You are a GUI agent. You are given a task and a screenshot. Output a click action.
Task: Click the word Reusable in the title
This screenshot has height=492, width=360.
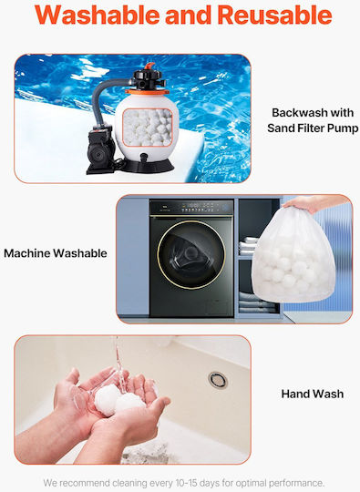click(274, 15)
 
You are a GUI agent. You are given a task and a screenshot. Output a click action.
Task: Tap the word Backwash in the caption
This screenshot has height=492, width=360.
click(294, 113)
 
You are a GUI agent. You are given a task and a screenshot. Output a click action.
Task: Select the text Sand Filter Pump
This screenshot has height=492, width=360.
click(313, 128)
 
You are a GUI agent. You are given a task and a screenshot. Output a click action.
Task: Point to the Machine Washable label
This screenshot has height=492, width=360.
click(56, 253)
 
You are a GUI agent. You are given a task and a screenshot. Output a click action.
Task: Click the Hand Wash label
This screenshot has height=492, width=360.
click(313, 394)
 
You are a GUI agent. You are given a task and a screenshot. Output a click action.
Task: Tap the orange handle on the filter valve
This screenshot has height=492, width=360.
click(149, 66)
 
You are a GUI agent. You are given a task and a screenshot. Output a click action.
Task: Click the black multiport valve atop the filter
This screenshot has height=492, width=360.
click(148, 79)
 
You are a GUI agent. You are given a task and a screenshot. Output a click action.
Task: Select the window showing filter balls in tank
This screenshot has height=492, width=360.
click(148, 128)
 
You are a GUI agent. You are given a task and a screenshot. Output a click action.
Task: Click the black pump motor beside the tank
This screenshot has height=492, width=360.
click(100, 149)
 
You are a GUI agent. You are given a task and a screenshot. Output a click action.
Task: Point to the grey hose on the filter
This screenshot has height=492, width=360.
click(106, 97)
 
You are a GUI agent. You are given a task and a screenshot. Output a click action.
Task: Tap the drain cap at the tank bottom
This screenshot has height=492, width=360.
click(144, 158)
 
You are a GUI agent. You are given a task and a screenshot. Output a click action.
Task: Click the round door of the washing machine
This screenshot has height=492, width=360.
click(191, 254)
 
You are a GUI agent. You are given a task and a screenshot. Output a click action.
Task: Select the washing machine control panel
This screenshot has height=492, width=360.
click(191, 208)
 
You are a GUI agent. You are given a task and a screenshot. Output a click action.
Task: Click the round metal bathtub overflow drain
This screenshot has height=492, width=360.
click(218, 380)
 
